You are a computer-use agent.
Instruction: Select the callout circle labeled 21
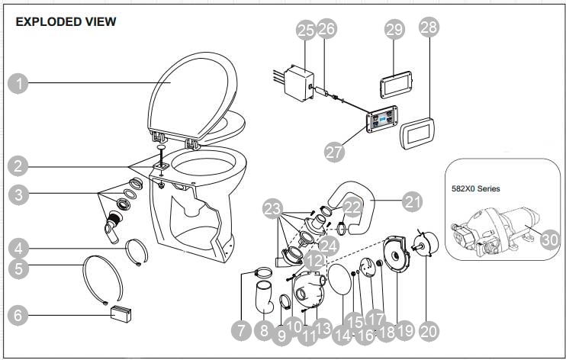tap(412, 201)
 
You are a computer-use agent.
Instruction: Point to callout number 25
tap(305, 31)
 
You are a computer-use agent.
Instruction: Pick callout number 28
tap(429, 27)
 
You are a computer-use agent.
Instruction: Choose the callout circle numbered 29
tap(394, 30)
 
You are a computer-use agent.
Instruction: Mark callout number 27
tap(333, 151)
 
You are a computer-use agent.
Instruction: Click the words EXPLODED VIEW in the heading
tap(66, 22)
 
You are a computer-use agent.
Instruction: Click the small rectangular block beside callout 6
tap(123, 313)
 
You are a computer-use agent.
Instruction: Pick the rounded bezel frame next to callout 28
tap(417, 136)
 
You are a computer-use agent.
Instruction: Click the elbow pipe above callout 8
tap(264, 297)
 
